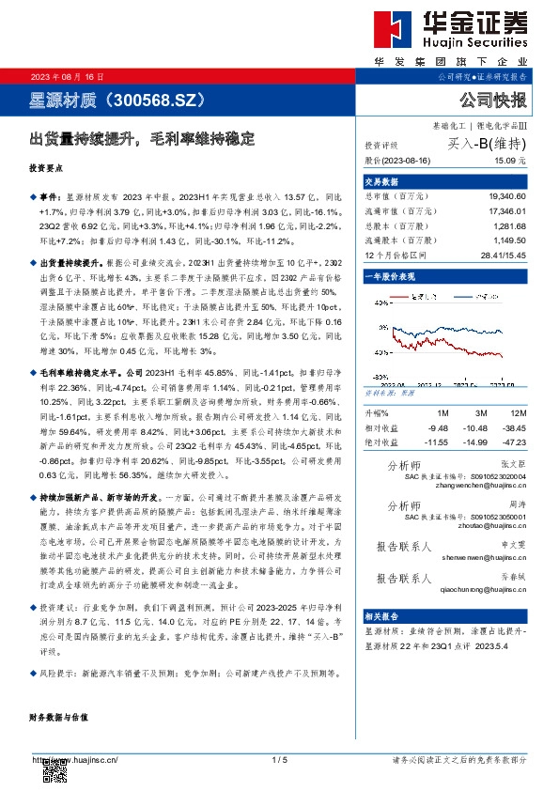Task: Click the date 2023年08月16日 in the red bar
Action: click(68, 76)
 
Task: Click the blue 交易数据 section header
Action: click(381, 181)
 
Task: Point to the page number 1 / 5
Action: click(279, 760)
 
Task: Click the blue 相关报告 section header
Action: click(381, 614)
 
